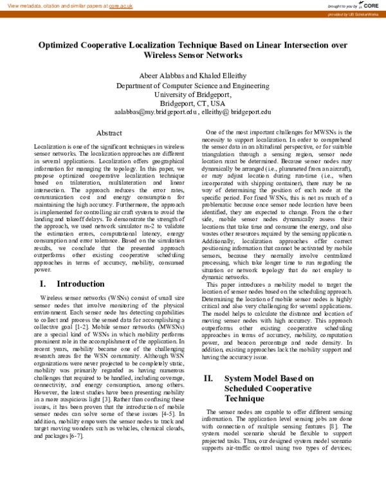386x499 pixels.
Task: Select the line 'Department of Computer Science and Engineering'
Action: [192, 85]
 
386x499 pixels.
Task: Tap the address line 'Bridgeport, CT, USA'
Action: [192, 103]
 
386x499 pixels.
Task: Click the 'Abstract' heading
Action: [109, 133]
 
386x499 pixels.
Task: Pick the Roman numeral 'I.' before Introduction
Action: [44, 284]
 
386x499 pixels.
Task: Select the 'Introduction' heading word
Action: [80, 284]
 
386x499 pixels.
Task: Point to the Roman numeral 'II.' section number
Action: [208, 379]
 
